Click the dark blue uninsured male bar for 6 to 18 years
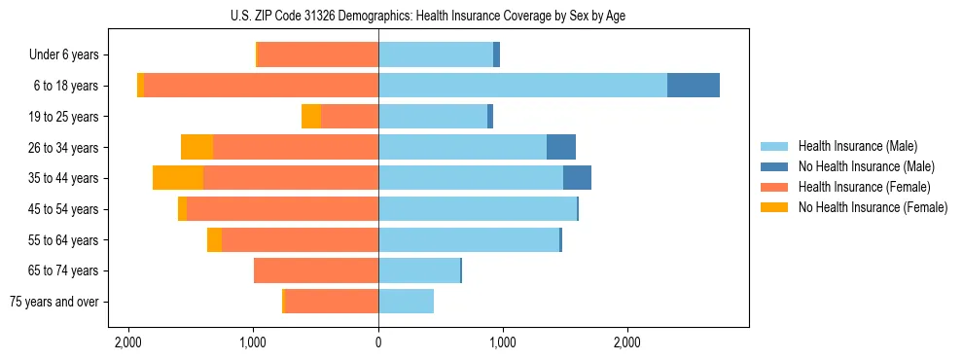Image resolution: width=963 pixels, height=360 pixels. [x=694, y=86]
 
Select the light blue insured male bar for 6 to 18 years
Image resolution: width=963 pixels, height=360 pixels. [x=522, y=86]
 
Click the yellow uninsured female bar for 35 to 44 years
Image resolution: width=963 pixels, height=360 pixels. [x=178, y=178]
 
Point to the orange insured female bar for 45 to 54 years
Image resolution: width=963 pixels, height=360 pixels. [x=282, y=209]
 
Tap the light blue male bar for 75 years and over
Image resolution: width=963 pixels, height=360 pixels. [x=406, y=302]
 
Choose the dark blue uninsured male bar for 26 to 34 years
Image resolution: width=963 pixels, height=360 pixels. [x=561, y=147]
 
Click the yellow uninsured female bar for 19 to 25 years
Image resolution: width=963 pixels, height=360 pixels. [x=311, y=117]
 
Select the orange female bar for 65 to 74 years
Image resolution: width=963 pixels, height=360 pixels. [x=316, y=270]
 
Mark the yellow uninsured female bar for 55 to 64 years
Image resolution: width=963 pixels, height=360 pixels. [x=214, y=240]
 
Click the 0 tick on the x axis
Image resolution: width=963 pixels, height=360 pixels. [x=378, y=342]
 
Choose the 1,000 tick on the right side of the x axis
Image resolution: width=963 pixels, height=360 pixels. [x=503, y=342]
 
